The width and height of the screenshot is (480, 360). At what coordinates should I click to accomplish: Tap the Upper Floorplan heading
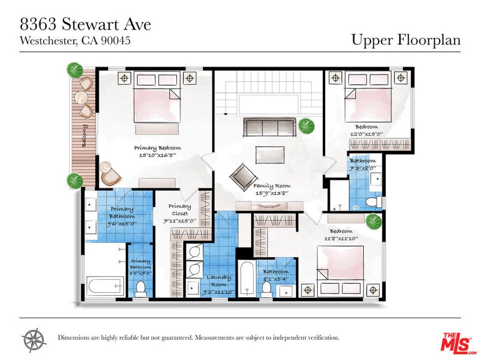(x=406, y=40)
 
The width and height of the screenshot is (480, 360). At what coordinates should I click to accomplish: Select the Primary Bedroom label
(x=157, y=148)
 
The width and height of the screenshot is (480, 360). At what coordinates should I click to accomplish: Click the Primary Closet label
(x=180, y=210)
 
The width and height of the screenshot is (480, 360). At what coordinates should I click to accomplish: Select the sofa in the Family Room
(x=268, y=127)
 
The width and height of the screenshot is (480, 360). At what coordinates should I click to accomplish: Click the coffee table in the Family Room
(x=270, y=154)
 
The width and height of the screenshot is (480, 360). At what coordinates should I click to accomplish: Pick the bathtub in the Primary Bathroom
(x=105, y=286)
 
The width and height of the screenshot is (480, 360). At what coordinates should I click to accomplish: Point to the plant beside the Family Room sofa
(x=306, y=126)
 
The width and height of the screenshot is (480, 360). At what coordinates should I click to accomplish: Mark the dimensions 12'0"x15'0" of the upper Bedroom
(x=366, y=134)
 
